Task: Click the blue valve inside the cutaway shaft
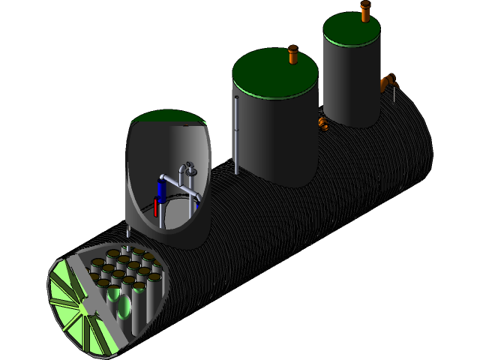coord(161,187)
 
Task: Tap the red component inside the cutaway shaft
coord(156,207)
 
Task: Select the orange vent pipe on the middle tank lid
coord(293,55)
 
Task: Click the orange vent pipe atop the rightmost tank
coord(365,11)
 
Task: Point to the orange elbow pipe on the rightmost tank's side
coord(388,82)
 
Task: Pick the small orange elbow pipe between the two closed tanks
coord(323,123)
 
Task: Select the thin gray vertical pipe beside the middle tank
coord(236,135)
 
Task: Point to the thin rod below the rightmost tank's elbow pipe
coord(394,95)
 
